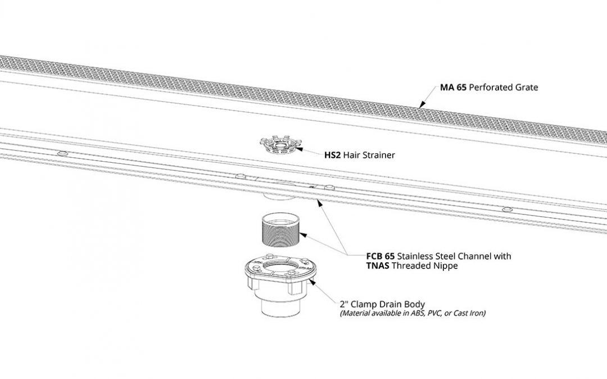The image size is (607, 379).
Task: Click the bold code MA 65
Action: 453,88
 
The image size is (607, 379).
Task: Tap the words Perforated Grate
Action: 503,88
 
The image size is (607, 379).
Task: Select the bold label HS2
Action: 332,155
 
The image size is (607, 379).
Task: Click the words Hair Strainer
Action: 369,155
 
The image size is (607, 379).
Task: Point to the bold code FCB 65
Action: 380,256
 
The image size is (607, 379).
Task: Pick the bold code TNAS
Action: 378,266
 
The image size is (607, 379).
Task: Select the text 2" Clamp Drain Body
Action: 382,304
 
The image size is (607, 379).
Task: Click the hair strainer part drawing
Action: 280,145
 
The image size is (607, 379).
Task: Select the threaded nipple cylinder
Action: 280,230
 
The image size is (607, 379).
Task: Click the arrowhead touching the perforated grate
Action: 422,104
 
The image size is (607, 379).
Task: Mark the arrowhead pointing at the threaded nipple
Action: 303,234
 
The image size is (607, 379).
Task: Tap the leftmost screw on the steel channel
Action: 62,153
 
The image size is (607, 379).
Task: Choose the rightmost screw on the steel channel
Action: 507,209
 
